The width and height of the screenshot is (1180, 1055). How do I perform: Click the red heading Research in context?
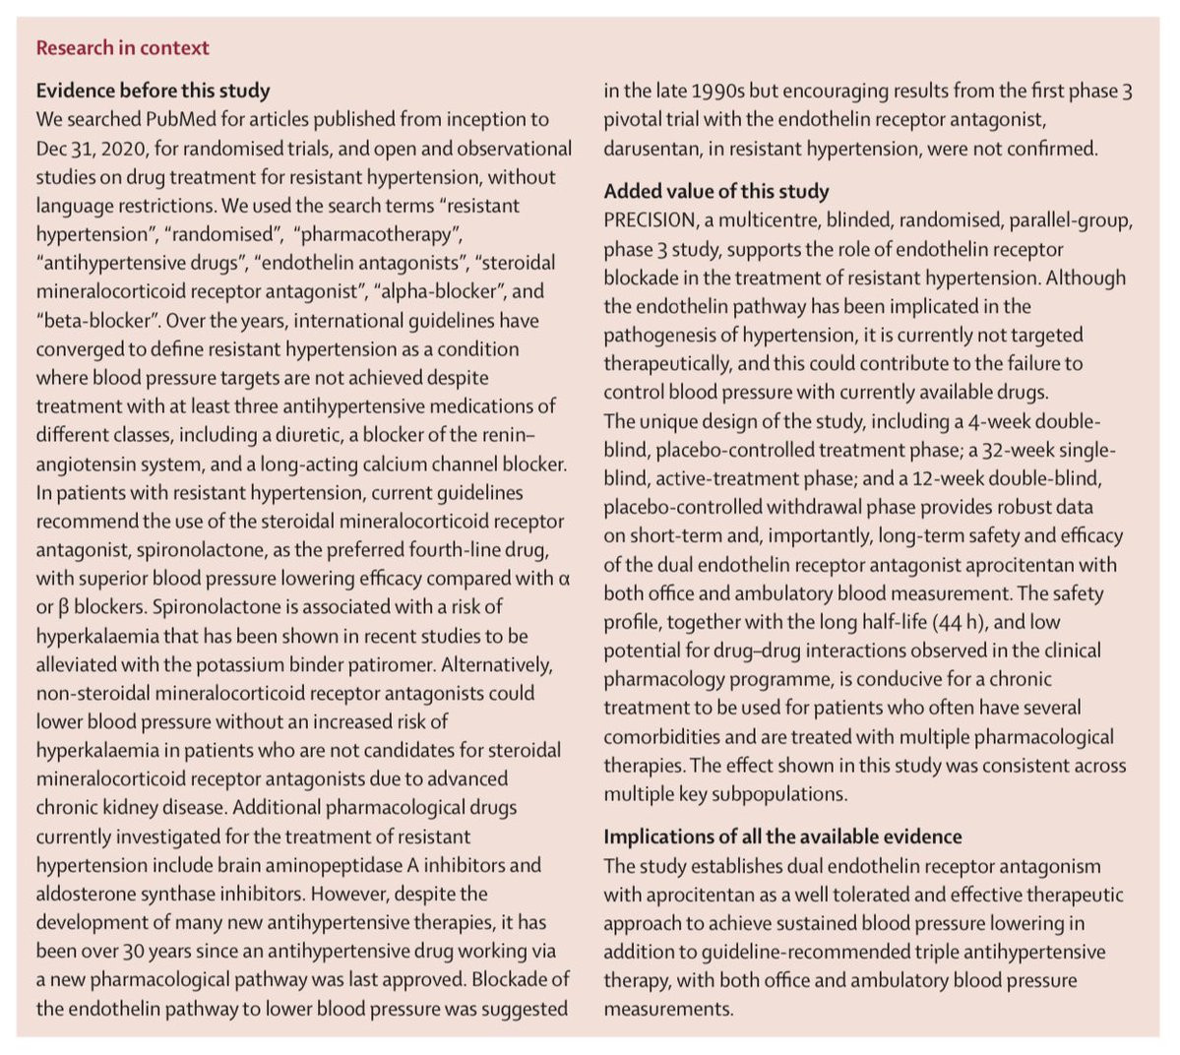coord(122,47)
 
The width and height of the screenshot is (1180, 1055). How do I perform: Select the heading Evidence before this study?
coord(153,91)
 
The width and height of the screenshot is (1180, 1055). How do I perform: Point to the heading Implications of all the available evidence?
coord(782,837)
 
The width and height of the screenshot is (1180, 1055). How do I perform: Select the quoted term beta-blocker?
coord(97,320)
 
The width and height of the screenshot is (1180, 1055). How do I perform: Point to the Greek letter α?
coord(564,579)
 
